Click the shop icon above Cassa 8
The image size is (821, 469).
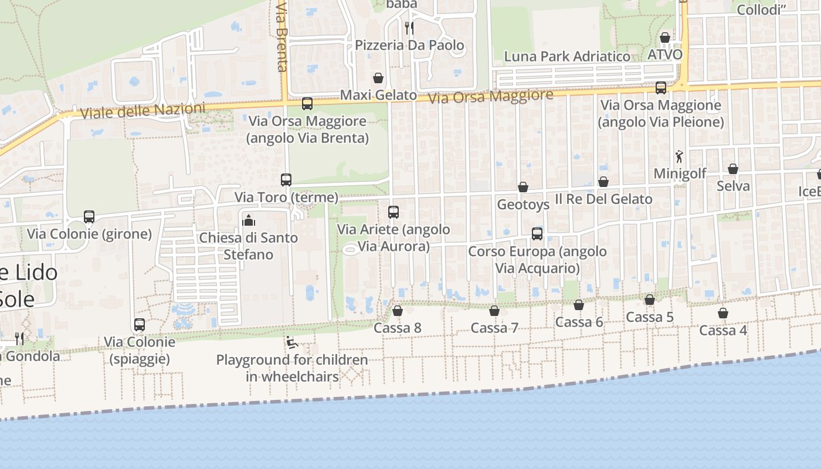point(398,311)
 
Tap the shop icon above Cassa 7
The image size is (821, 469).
point(494,311)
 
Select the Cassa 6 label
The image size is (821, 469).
point(579,322)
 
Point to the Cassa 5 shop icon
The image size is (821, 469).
point(650,300)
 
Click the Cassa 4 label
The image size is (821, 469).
point(723,330)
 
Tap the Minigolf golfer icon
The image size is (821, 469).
point(679,157)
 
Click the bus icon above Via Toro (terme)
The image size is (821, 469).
point(286,180)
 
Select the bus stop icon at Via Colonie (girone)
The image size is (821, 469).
point(89,217)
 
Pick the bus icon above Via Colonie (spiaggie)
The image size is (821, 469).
point(140,325)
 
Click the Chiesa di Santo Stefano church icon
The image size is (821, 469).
point(249,220)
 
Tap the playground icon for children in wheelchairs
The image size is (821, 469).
point(292,342)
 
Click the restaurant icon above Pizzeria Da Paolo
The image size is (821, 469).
point(409,28)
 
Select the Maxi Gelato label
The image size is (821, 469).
point(378,95)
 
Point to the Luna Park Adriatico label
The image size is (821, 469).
point(567,57)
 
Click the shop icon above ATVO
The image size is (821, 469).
point(665,38)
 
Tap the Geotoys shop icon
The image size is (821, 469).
point(523,188)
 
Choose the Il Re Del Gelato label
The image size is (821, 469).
point(603,199)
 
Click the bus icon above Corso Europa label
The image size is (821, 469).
point(537,234)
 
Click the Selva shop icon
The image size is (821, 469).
point(733,169)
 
